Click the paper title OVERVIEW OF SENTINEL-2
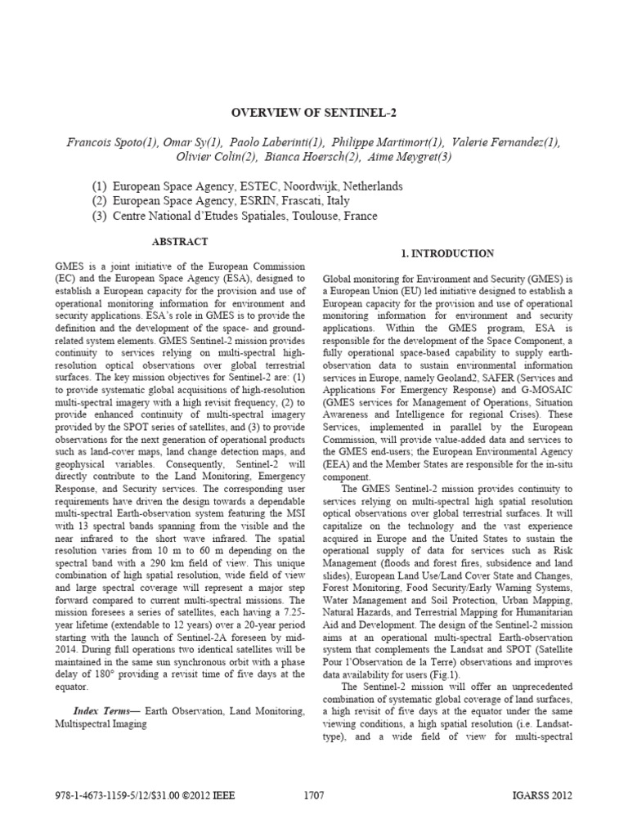(x=314, y=113)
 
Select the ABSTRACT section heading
(x=180, y=242)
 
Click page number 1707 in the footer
(x=314, y=795)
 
